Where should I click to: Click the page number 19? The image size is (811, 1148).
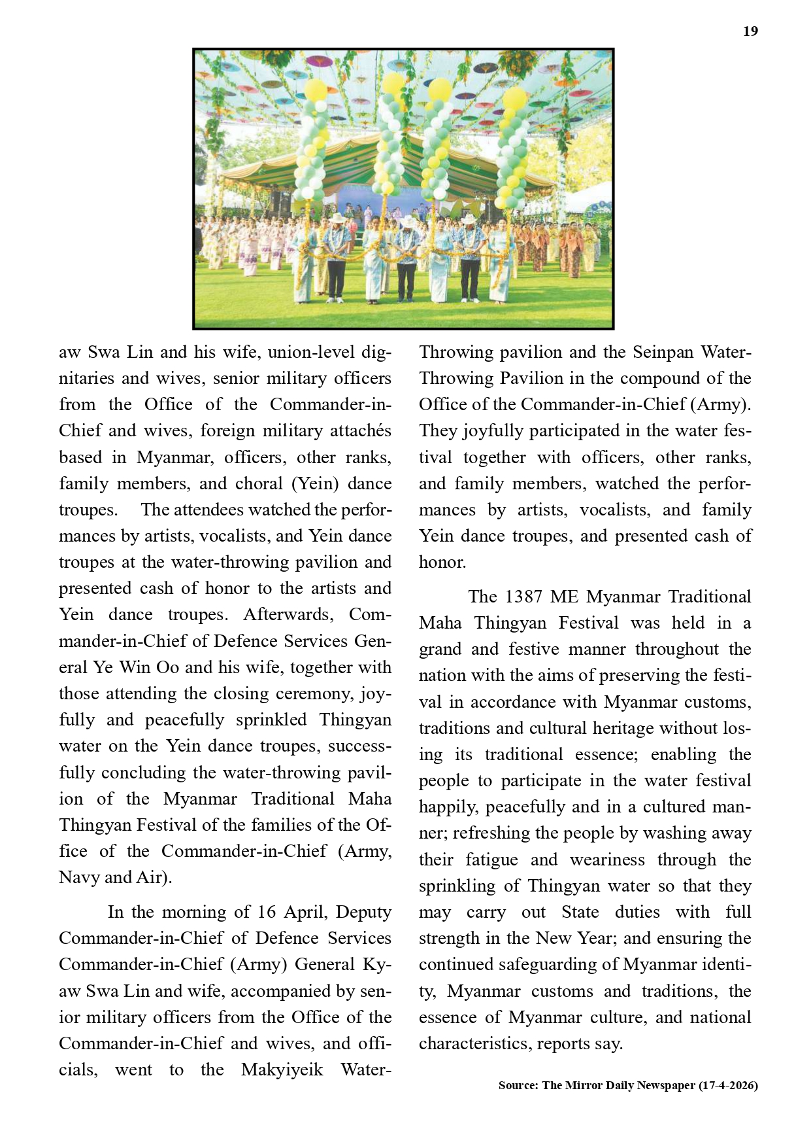(x=750, y=31)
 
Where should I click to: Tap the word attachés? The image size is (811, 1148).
(x=360, y=430)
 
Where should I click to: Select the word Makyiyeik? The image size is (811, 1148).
(x=282, y=1070)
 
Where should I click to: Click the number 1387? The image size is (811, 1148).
(x=523, y=597)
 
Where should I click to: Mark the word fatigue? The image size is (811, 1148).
(x=491, y=860)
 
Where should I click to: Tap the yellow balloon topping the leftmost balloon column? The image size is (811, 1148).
(x=316, y=90)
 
